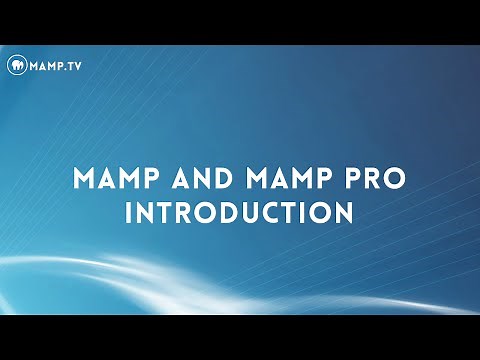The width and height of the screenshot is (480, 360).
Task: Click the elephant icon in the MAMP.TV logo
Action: (x=15, y=66)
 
